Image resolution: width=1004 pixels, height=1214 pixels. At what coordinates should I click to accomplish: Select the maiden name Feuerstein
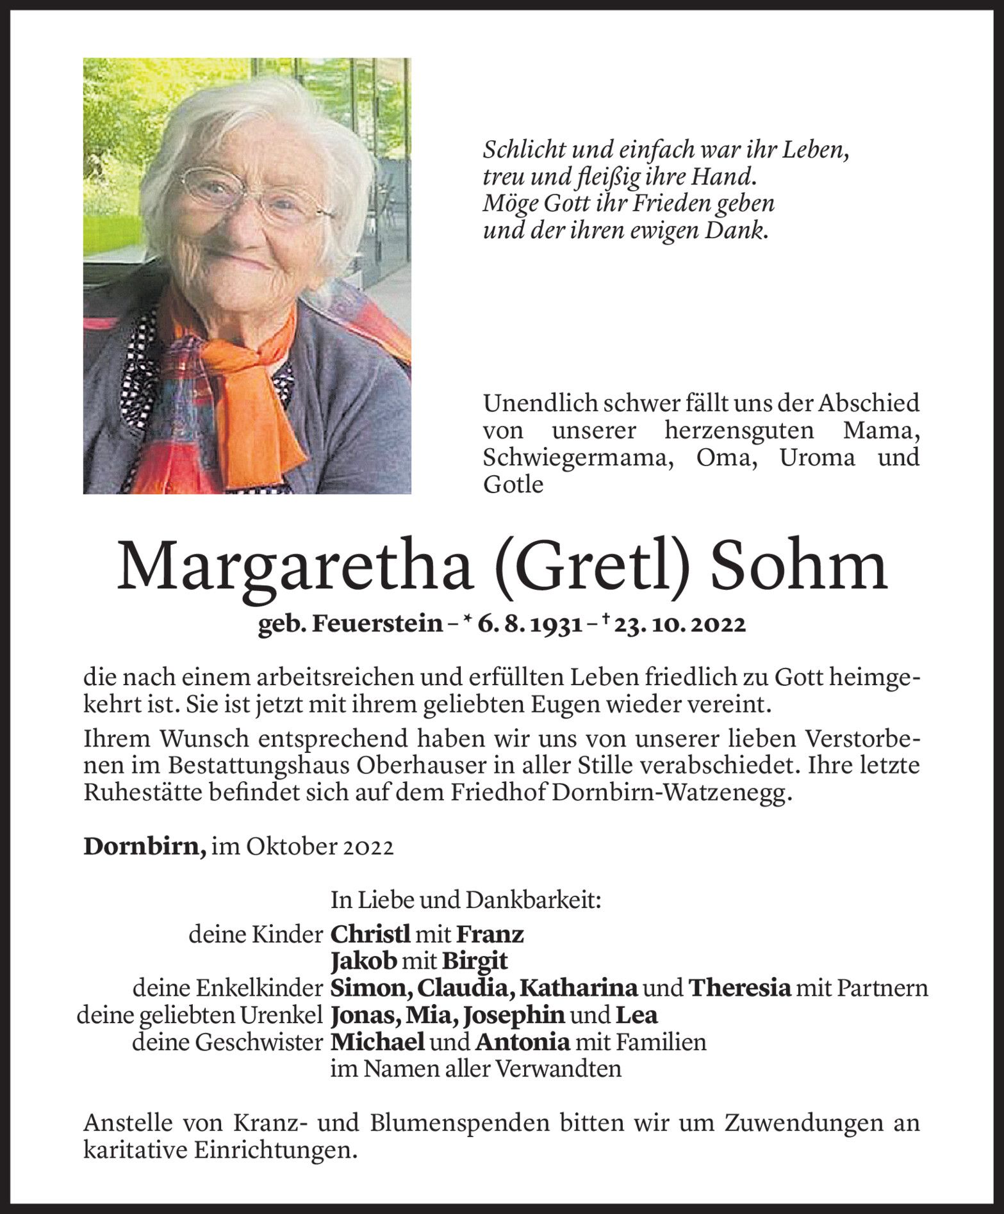point(377,624)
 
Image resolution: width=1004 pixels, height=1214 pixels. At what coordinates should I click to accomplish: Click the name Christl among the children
point(370,935)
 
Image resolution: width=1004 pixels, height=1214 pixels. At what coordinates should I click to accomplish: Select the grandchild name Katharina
point(578,989)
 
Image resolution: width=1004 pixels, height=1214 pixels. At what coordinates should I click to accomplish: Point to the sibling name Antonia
point(522,1042)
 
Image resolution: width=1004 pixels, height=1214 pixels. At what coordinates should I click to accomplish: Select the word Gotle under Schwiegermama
point(513,485)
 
